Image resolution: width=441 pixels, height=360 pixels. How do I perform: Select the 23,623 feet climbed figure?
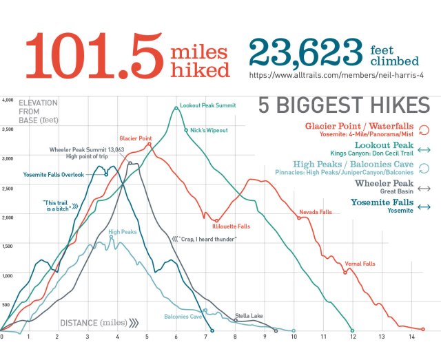tap(305, 52)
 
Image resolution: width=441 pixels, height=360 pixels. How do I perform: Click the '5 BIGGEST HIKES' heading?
tap(344, 106)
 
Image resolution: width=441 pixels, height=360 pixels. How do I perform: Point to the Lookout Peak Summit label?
tap(207, 106)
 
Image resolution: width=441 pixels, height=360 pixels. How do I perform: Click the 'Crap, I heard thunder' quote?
tap(207, 239)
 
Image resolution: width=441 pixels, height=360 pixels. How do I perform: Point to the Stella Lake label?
tap(248, 316)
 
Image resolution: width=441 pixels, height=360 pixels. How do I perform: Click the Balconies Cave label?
tap(183, 317)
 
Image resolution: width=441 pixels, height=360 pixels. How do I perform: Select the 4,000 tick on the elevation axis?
tap(8, 100)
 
